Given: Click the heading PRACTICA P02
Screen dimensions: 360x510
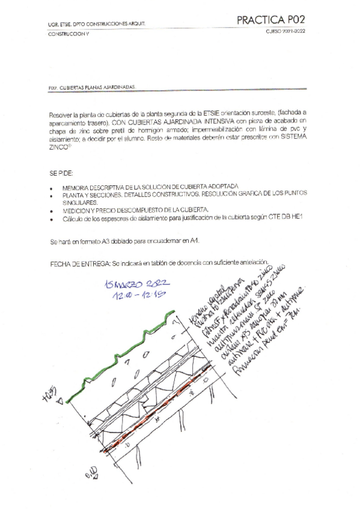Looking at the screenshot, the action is (275, 20).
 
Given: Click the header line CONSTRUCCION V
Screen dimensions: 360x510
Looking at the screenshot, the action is (68, 34).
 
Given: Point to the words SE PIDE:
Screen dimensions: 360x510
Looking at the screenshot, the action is (61, 173).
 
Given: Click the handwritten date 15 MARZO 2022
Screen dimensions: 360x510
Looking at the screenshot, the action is (137, 284).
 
